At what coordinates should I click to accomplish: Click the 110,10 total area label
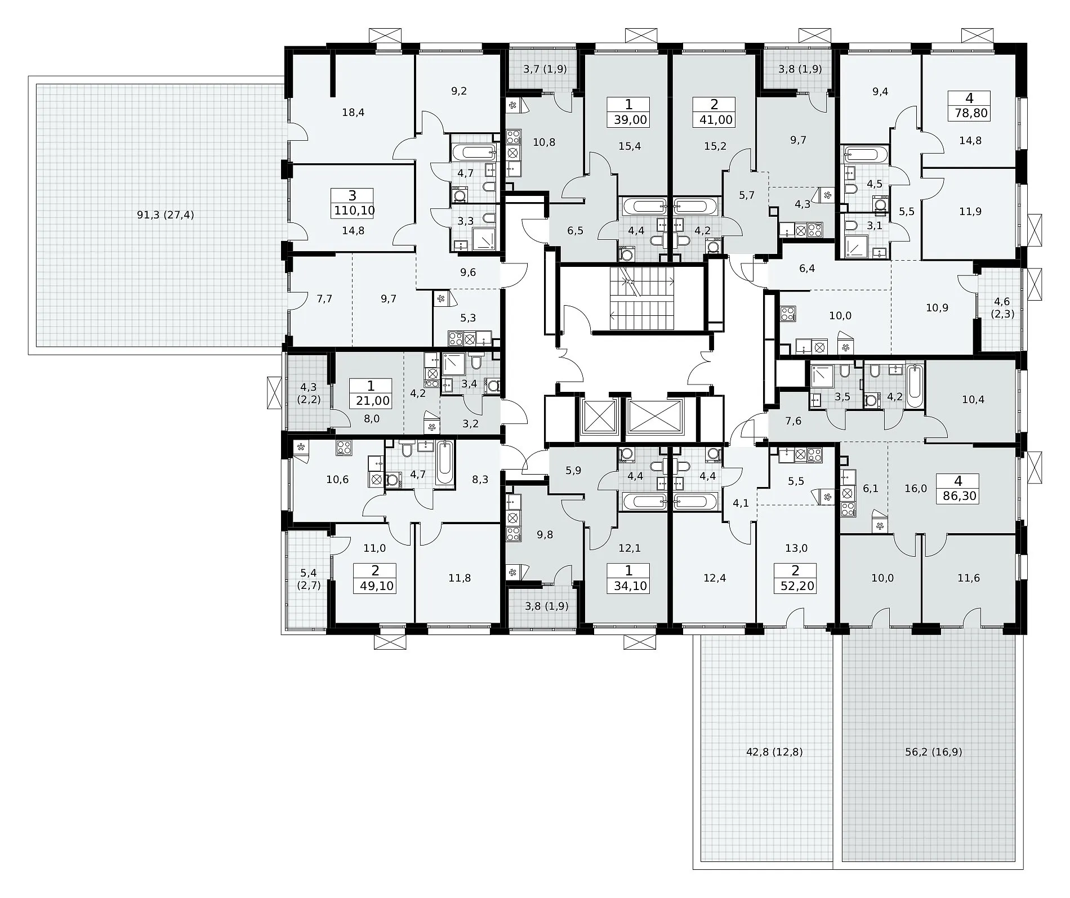coord(353,211)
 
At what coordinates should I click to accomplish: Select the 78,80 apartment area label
coord(969,113)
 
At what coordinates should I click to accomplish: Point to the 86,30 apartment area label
coord(958,496)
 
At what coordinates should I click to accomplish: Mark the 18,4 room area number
coord(353,112)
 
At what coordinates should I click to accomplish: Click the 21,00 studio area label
coord(371,401)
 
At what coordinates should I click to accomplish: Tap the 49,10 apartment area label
coord(375,586)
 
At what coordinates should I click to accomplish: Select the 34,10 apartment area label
coord(628,586)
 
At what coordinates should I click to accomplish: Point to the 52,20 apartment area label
coord(795,586)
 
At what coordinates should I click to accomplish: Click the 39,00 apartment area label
coord(628,119)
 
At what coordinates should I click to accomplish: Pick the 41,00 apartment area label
coord(714,119)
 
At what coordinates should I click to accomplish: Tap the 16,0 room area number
coord(916,489)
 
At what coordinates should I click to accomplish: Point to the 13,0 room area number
coord(796,548)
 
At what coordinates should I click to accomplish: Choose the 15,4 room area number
coord(629,146)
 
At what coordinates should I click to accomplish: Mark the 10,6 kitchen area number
coord(337,480)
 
